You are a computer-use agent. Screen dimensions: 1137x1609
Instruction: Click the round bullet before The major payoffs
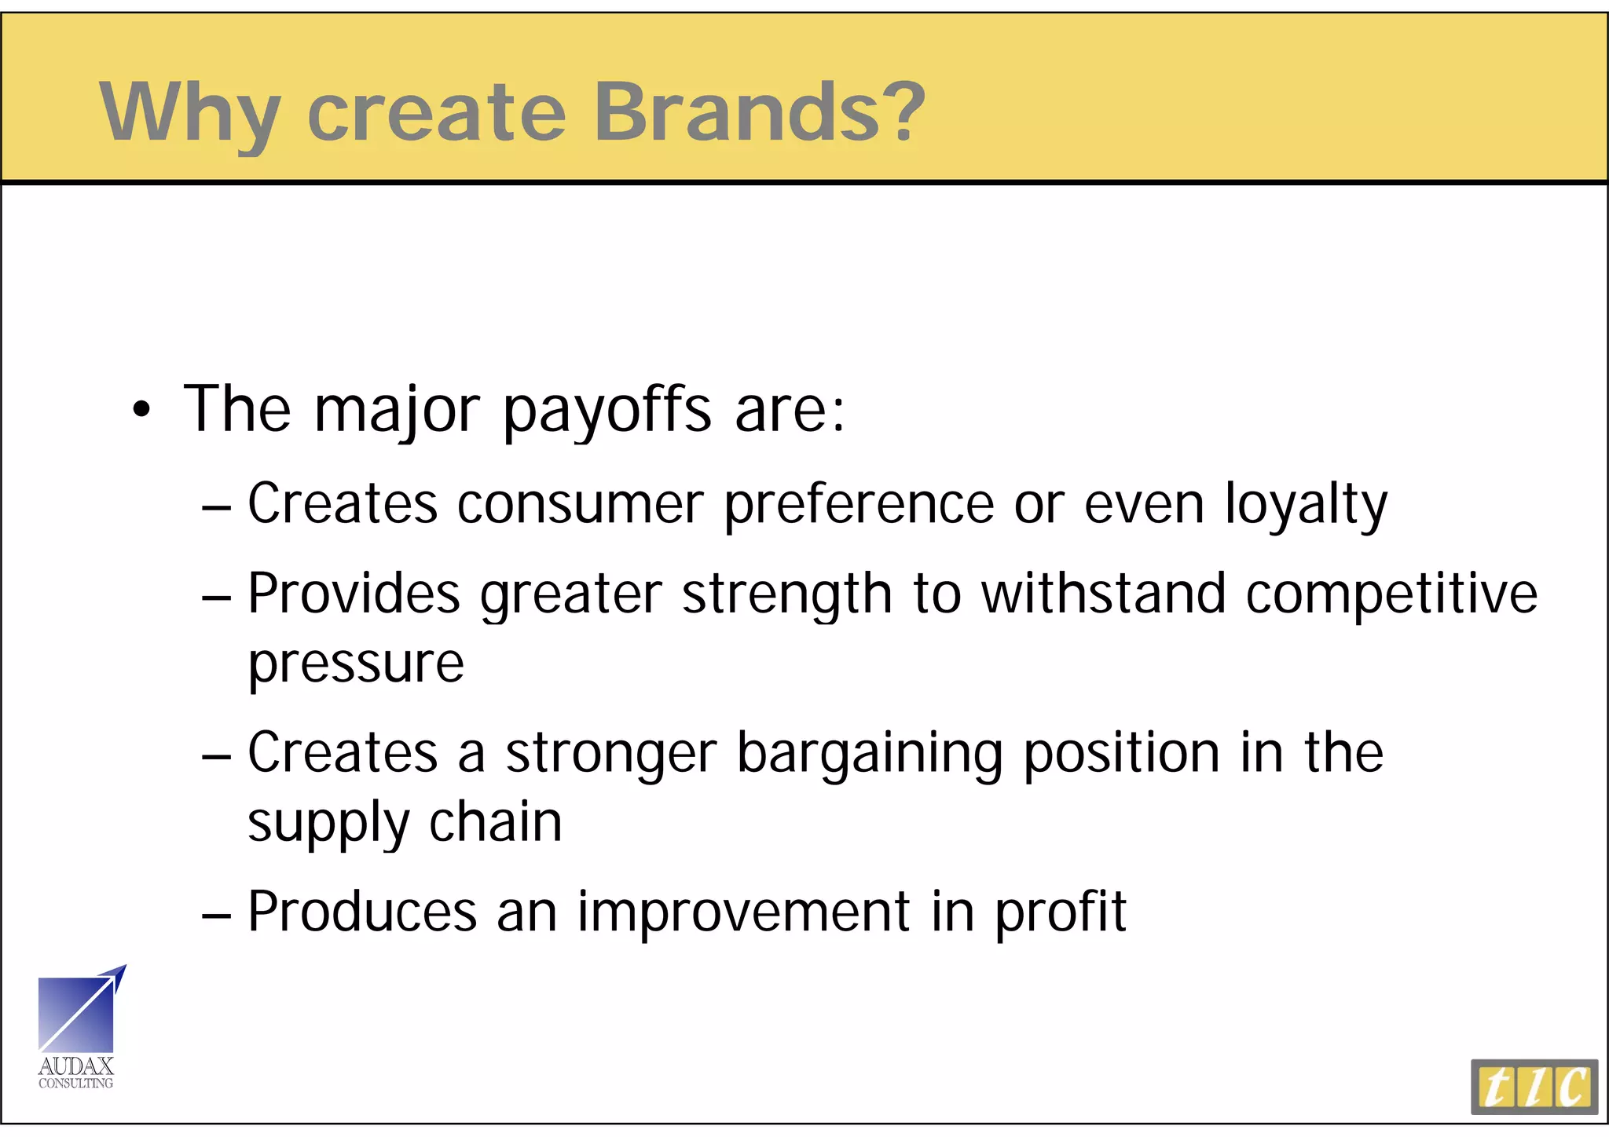tap(141, 410)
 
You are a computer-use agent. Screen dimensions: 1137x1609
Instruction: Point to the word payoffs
tap(607, 410)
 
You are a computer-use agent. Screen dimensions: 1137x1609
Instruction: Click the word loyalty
tap(1306, 505)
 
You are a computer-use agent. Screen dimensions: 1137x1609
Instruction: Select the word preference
tap(859, 505)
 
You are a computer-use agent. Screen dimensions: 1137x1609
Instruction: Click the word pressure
tap(356, 664)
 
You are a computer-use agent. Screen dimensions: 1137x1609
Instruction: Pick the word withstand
tap(1104, 594)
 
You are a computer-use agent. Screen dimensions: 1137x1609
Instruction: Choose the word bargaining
tap(870, 754)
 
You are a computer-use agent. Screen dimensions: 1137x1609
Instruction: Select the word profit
tap(1061, 912)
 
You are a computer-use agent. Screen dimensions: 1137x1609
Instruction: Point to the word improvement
tap(744, 912)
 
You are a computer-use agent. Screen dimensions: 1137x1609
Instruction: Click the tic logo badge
tap(1534, 1087)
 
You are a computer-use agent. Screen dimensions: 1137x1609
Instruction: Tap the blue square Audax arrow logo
tap(77, 1014)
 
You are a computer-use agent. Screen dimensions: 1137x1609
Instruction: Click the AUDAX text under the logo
tap(76, 1066)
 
